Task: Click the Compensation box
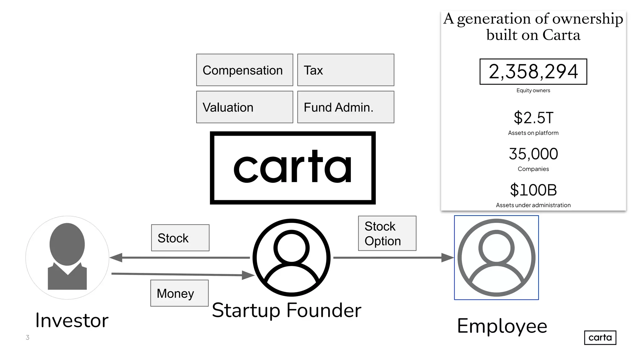[245, 70]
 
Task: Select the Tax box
[345, 70]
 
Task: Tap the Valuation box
[245, 107]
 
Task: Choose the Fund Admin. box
[345, 107]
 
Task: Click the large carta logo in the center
[292, 168]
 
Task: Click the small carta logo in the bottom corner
[600, 337]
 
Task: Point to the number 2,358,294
[533, 71]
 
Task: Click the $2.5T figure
[533, 118]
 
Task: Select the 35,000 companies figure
[533, 154]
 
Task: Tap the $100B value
[533, 190]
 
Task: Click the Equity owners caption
[533, 91]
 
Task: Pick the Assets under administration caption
[533, 205]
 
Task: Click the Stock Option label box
[387, 233]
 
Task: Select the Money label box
[179, 293]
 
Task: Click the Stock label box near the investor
[180, 238]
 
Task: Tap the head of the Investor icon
[67, 244]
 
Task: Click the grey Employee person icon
[496, 258]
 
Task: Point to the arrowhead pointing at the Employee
[447, 258]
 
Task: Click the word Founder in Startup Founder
[324, 310]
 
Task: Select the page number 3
[28, 337]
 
